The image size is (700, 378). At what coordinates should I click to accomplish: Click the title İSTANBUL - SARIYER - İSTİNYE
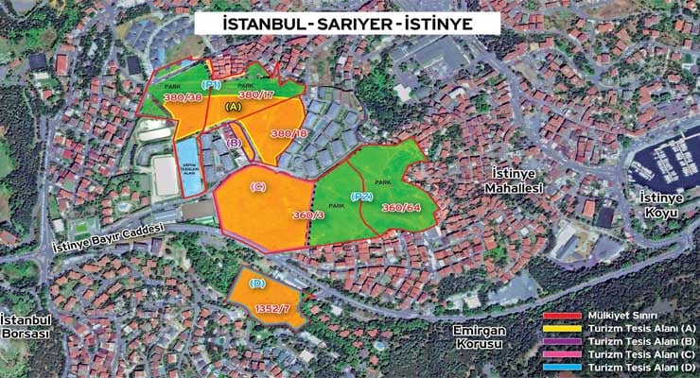[x=348, y=20]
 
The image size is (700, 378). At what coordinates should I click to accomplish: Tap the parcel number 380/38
[x=183, y=96]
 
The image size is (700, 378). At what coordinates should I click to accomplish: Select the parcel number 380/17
[x=256, y=94]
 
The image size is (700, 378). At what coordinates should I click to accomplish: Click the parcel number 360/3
[x=308, y=215]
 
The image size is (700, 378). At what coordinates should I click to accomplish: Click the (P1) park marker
[x=211, y=85]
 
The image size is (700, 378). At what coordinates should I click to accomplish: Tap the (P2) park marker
[x=361, y=197]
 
